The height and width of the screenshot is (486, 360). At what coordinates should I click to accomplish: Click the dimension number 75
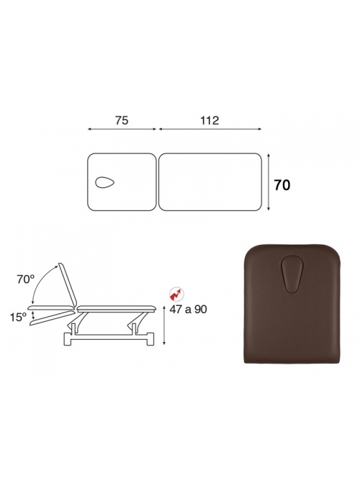click(122, 120)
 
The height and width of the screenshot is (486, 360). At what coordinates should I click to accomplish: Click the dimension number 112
click(210, 120)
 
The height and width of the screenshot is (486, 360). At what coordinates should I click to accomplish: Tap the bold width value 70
click(282, 185)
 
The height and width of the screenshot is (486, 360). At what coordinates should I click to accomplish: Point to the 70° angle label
click(26, 279)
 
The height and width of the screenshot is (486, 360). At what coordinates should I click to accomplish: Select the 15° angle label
click(18, 317)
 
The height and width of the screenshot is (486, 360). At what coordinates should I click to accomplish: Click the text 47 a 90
click(188, 309)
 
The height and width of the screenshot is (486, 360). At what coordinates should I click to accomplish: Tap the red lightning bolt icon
click(176, 294)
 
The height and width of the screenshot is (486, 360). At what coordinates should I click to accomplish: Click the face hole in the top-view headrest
click(105, 183)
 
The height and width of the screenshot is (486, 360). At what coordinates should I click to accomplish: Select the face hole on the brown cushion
click(291, 275)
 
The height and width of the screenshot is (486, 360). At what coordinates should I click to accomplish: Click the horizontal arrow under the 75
click(122, 129)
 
